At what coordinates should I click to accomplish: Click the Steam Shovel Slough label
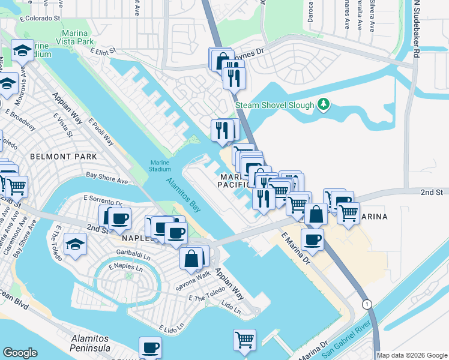(x=274, y=105)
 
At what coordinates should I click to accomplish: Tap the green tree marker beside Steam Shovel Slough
(x=324, y=104)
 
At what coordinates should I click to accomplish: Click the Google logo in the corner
(x=20, y=352)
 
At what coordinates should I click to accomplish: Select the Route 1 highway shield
(x=366, y=304)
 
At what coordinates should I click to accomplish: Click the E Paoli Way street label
(x=101, y=131)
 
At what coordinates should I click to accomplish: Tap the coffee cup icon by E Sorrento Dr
(x=119, y=218)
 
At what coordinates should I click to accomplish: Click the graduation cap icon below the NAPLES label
(x=76, y=244)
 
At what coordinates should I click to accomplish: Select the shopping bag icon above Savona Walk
(x=191, y=258)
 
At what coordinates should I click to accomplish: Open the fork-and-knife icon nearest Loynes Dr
(x=234, y=77)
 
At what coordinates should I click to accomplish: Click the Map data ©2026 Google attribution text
(x=412, y=355)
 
